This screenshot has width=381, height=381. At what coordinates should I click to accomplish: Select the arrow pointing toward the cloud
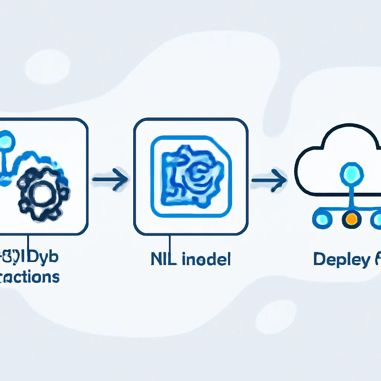click(269, 180)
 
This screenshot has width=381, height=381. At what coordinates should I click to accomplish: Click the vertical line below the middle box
click(170, 246)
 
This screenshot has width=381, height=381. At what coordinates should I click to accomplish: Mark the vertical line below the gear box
click(28, 244)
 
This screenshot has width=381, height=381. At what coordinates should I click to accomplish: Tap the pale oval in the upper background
click(47, 67)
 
